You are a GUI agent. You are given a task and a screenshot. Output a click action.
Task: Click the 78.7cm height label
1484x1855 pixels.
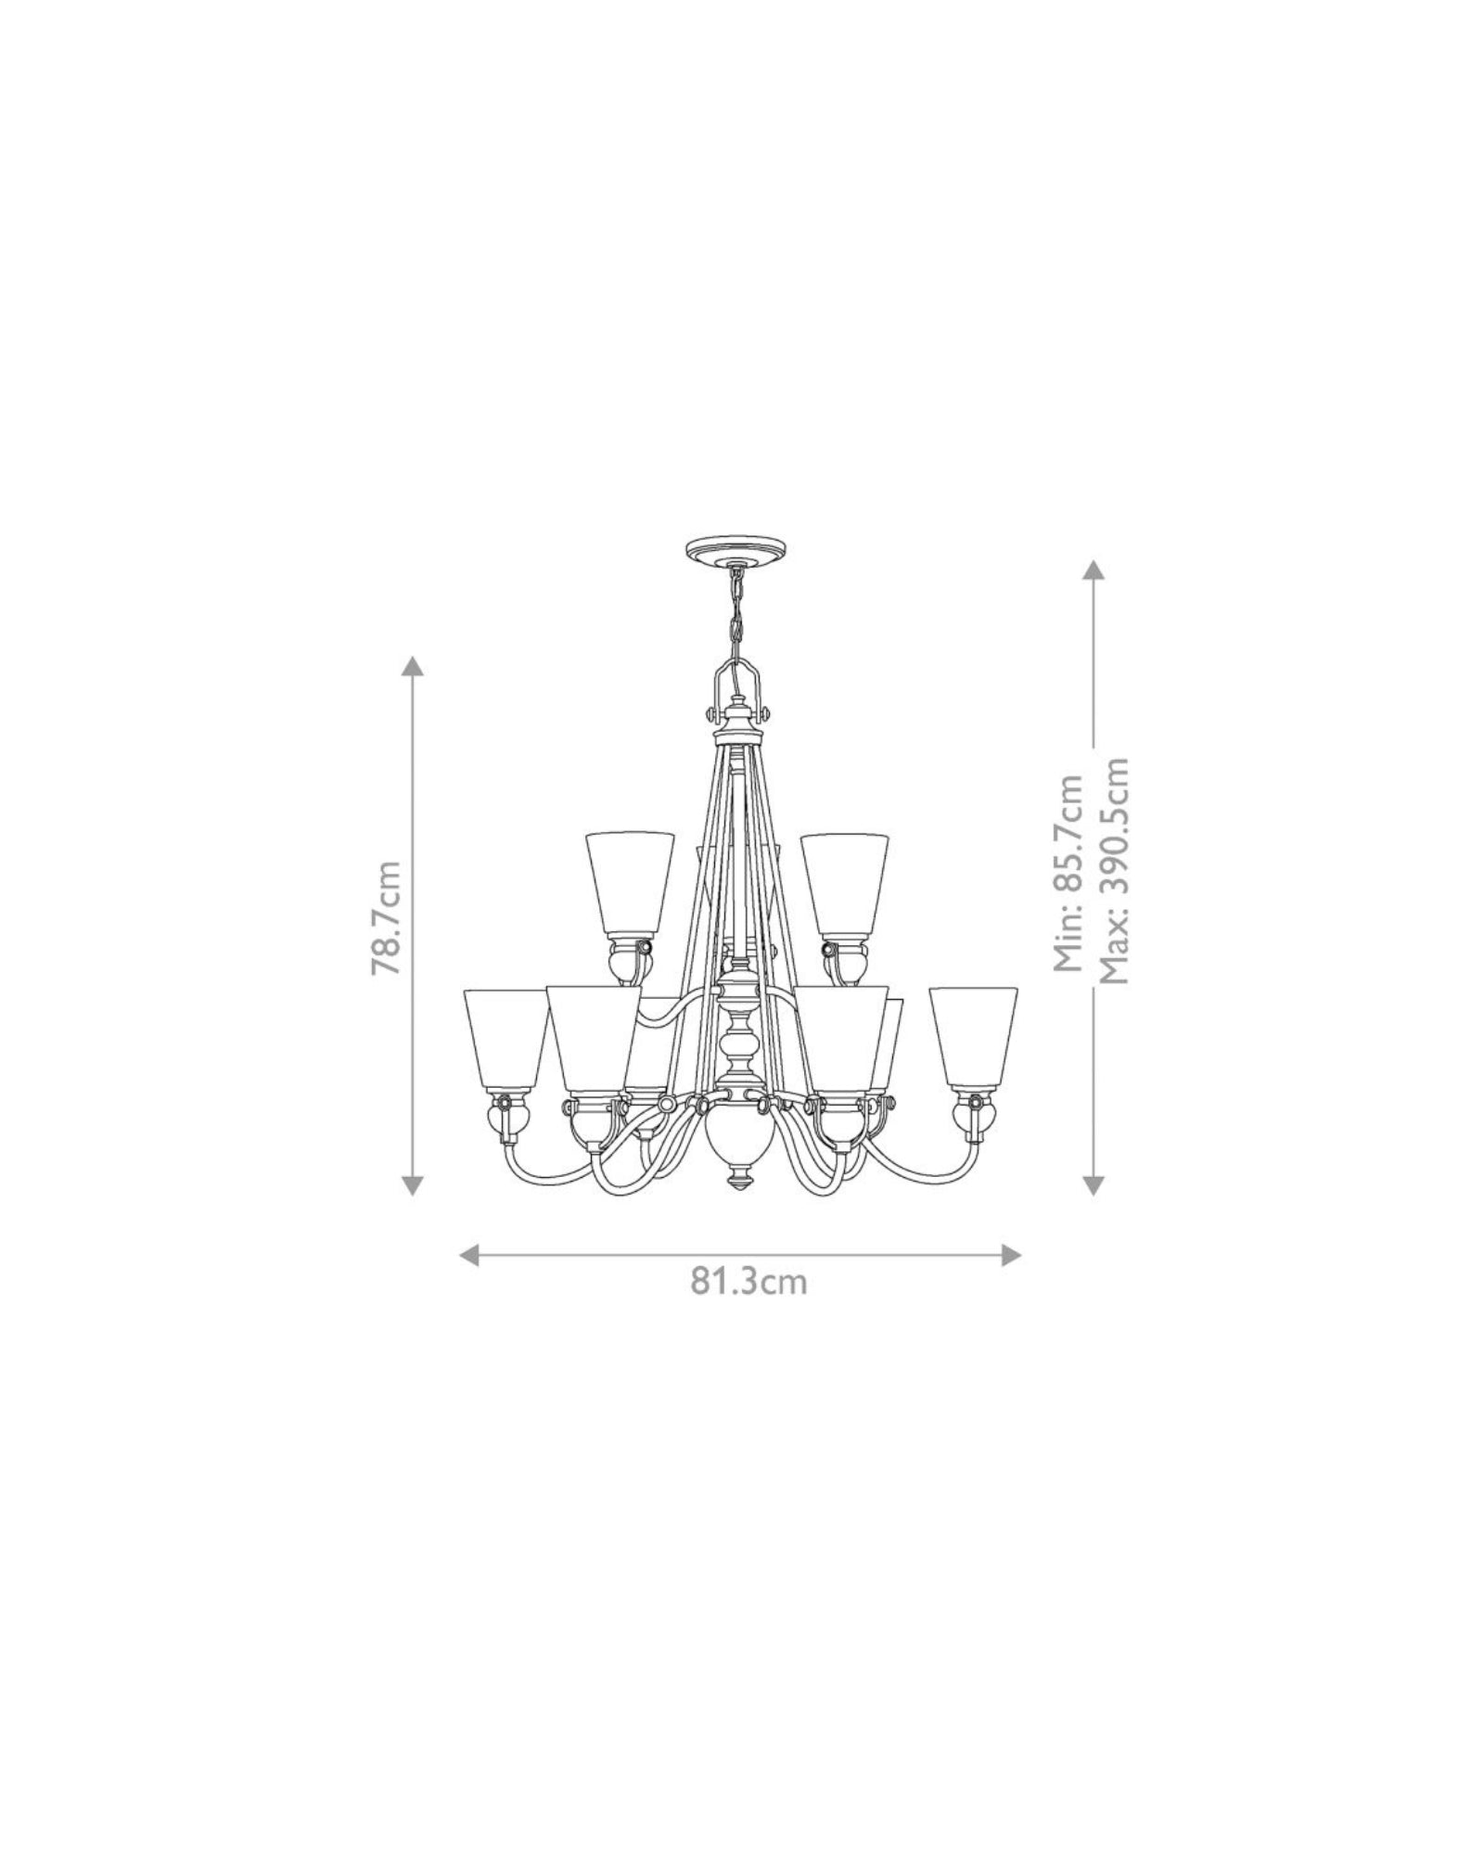[x=386, y=917]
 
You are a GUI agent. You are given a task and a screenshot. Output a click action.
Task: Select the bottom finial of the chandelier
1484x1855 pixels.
[x=739, y=1183]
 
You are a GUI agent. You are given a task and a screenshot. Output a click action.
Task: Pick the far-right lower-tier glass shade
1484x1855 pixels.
[x=973, y=1037]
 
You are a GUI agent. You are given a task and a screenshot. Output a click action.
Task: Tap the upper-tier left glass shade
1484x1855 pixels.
[x=630, y=881]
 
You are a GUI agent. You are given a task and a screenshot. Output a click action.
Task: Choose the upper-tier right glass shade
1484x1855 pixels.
[x=844, y=881]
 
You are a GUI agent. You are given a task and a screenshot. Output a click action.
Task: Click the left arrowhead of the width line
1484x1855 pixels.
[x=469, y=1255]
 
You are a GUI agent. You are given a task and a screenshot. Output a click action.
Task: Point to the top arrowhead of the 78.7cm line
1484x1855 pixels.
[x=413, y=665]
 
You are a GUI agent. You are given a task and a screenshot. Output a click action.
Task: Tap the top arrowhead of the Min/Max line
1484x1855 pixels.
[x=1094, y=569]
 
